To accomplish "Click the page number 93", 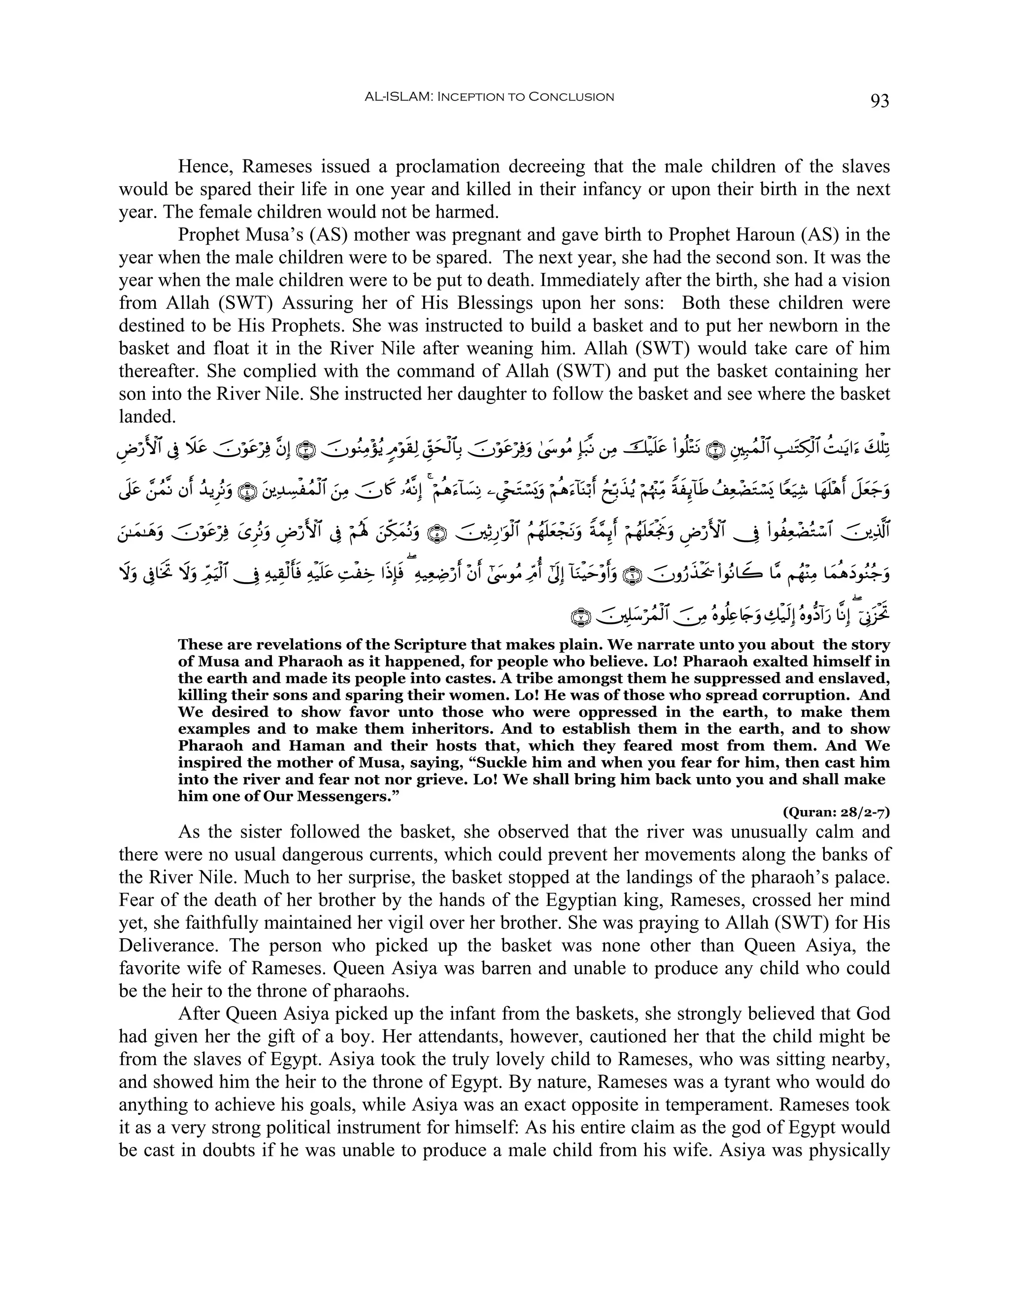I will click(879, 101).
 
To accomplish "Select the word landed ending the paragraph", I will click(147, 417).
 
